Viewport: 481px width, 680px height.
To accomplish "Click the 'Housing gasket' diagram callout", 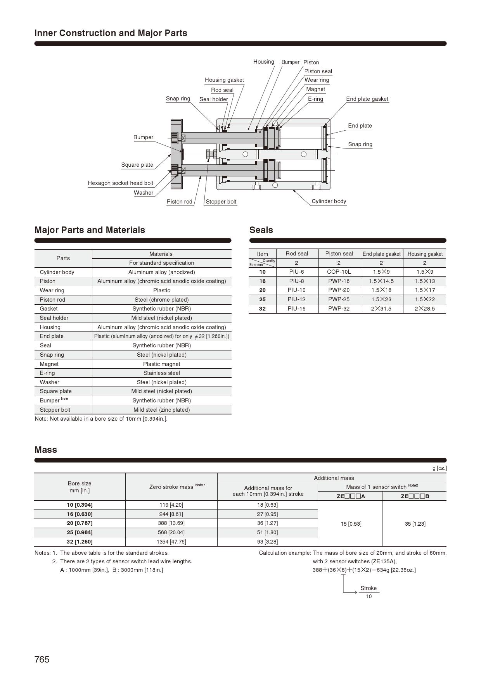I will (224, 80).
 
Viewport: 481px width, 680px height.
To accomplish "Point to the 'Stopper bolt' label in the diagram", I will (221, 202).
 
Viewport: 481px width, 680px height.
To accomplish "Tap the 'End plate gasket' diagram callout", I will (367, 99).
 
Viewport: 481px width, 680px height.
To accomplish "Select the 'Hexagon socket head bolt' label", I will (120, 183).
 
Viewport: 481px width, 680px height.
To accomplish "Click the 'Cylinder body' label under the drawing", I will (329, 201).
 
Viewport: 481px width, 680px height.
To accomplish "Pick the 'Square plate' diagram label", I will (137, 165).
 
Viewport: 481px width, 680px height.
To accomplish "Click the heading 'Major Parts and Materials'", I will (90, 230).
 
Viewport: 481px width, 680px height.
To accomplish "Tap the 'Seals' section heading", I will (261, 230).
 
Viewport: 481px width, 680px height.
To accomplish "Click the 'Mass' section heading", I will (46, 450).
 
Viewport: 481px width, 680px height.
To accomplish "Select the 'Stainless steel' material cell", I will (161, 373).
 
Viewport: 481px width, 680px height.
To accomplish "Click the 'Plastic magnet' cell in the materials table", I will (161, 364).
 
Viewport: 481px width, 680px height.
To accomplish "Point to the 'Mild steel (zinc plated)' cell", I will (161, 410).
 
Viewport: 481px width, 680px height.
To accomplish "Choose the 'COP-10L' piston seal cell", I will (339, 272).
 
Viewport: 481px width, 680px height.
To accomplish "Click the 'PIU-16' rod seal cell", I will (297, 309).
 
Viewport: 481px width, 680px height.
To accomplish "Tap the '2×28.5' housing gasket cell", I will (424, 309).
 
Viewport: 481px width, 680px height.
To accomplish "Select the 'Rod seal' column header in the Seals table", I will (297, 254).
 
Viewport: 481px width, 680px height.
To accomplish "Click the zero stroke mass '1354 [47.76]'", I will (171, 542).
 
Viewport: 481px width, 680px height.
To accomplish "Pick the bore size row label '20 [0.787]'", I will (80, 523).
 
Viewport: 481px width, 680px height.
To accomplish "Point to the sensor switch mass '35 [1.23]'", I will (415, 524).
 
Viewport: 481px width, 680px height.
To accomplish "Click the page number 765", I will (42, 659).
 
